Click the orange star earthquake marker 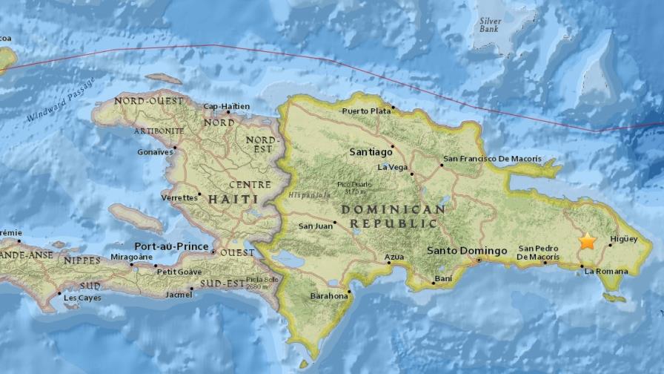[x=587, y=241]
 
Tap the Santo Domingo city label [x=467, y=251]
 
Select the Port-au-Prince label [x=170, y=245]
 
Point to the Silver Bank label [x=490, y=26]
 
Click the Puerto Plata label [x=365, y=111]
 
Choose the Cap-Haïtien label [x=226, y=106]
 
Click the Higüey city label [x=622, y=239]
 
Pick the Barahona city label [x=329, y=295]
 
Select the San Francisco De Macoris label [x=492, y=159]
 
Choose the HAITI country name [x=233, y=199]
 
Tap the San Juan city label [x=314, y=226]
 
